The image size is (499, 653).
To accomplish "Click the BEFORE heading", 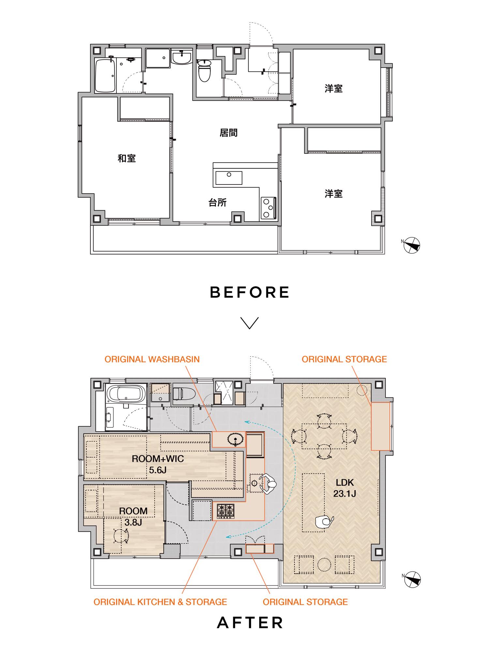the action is click(x=249, y=292).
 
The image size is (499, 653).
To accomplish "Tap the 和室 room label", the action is click(x=127, y=159).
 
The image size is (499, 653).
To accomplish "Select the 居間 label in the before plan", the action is click(x=229, y=133).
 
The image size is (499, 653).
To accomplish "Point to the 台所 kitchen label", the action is click(x=218, y=203).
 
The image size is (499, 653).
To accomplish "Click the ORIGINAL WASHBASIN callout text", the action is click(x=152, y=359).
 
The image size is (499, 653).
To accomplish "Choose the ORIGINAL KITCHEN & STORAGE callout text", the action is click(x=160, y=602).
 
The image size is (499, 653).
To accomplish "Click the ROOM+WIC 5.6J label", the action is click(x=158, y=464).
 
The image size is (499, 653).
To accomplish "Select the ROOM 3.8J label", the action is click(x=133, y=516).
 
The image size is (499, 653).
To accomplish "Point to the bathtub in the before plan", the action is click(x=105, y=76).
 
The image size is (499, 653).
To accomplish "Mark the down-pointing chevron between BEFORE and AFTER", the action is click(x=249, y=323).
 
